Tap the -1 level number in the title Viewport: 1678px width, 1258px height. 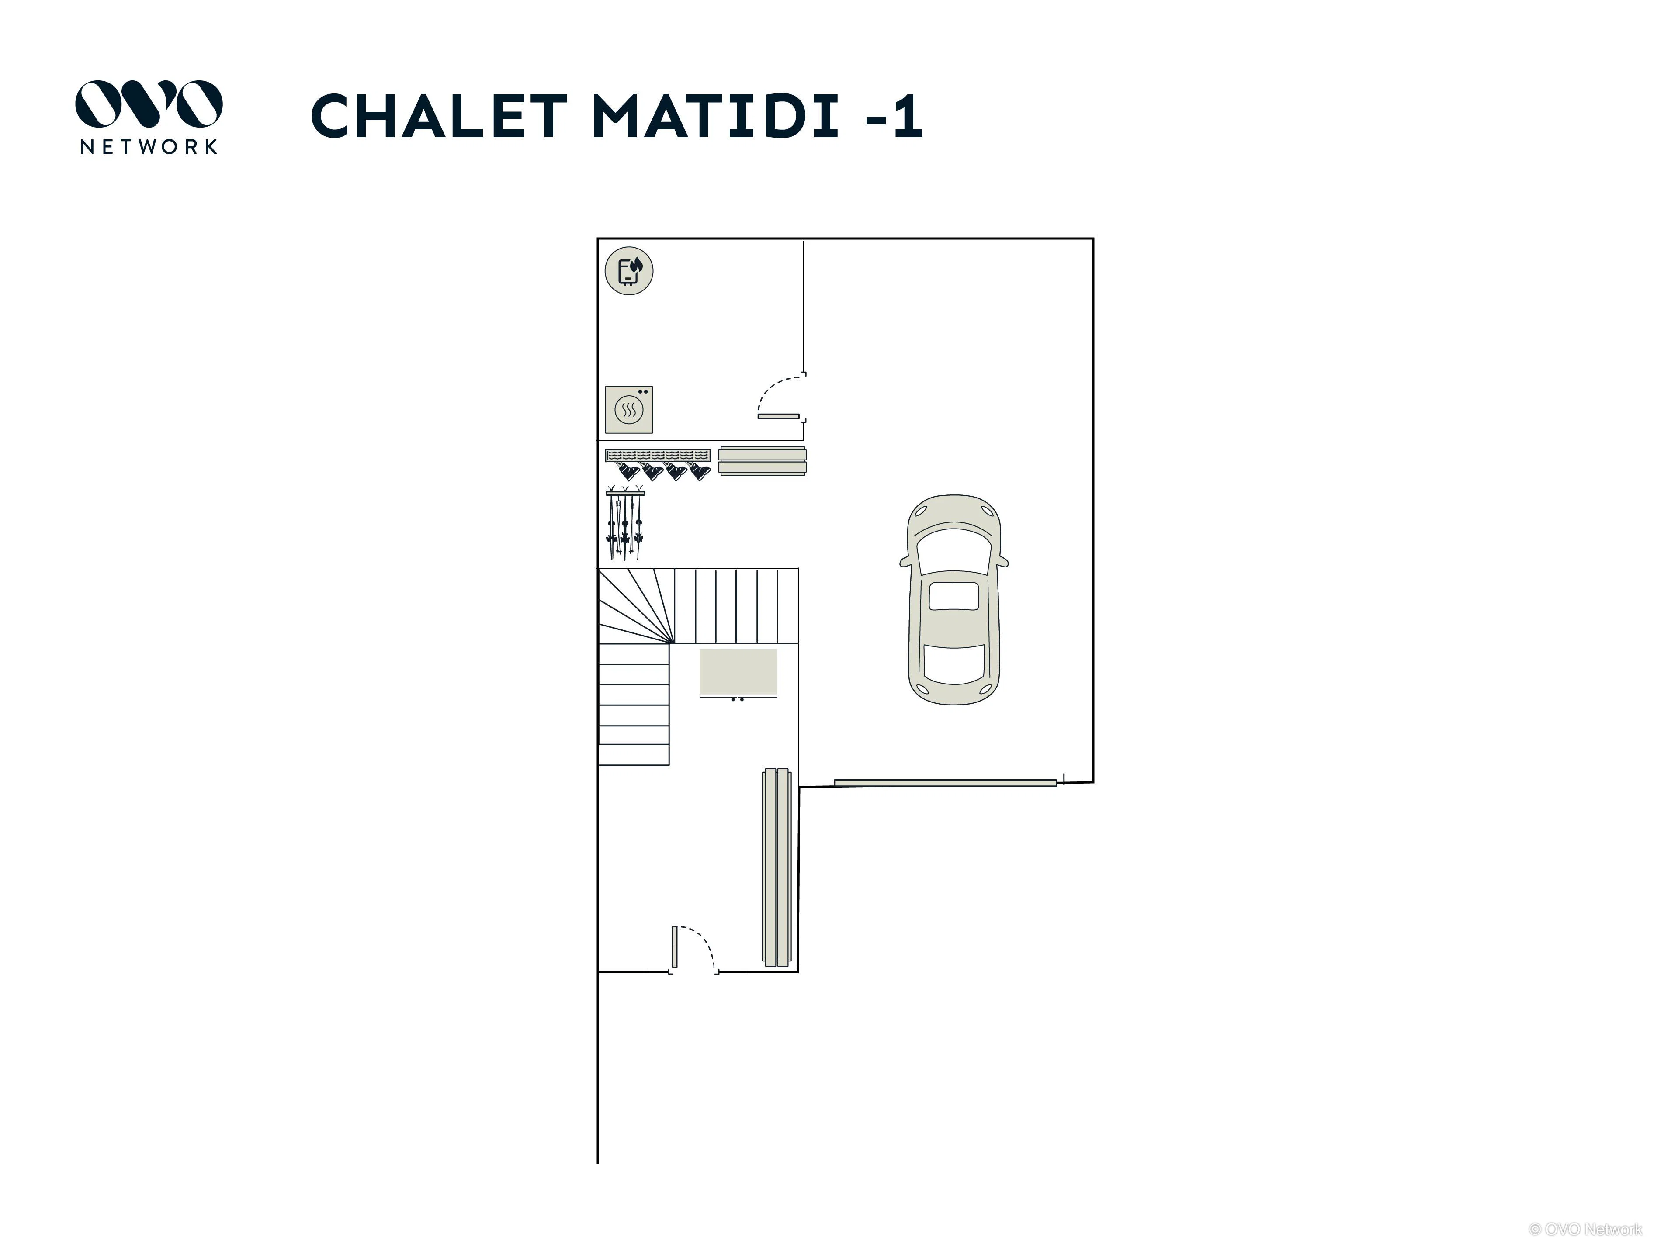(x=894, y=116)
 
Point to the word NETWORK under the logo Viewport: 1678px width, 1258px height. (x=149, y=146)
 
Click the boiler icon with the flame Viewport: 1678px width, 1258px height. (x=629, y=271)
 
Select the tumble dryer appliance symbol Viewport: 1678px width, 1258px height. (x=629, y=409)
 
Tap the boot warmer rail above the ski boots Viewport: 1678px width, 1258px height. (x=658, y=455)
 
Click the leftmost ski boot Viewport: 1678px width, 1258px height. (x=628, y=473)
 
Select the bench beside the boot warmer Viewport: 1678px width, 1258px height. (x=763, y=461)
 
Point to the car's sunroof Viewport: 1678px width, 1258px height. (x=953, y=596)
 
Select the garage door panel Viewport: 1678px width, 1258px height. (x=945, y=783)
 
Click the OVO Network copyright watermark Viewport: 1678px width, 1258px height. (x=1585, y=1229)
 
